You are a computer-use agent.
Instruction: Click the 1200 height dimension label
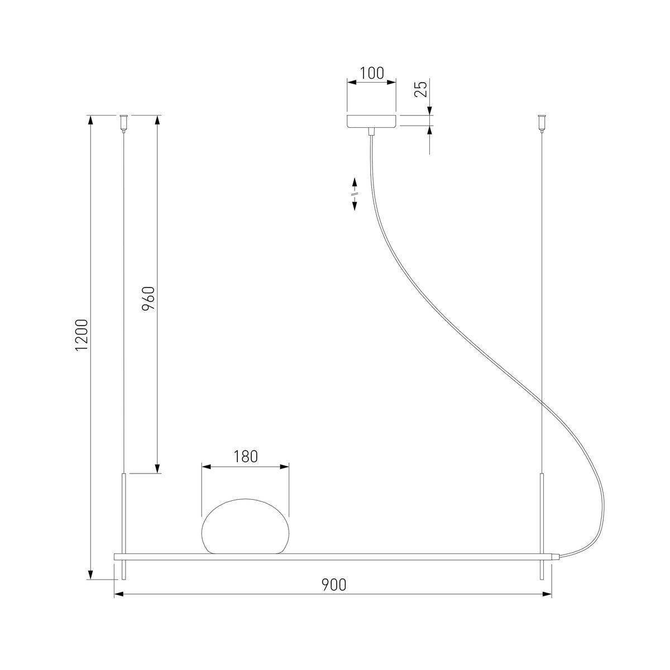tap(83, 335)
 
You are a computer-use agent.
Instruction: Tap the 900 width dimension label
tap(334, 585)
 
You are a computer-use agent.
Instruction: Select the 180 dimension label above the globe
tap(245, 457)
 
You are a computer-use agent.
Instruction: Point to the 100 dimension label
tap(371, 73)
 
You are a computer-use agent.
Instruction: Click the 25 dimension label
tap(421, 89)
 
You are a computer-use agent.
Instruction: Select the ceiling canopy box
tap(371, 121)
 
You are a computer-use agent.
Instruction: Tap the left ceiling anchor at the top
tap(123, 123)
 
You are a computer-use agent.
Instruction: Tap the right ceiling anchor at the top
tap(541, 123)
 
